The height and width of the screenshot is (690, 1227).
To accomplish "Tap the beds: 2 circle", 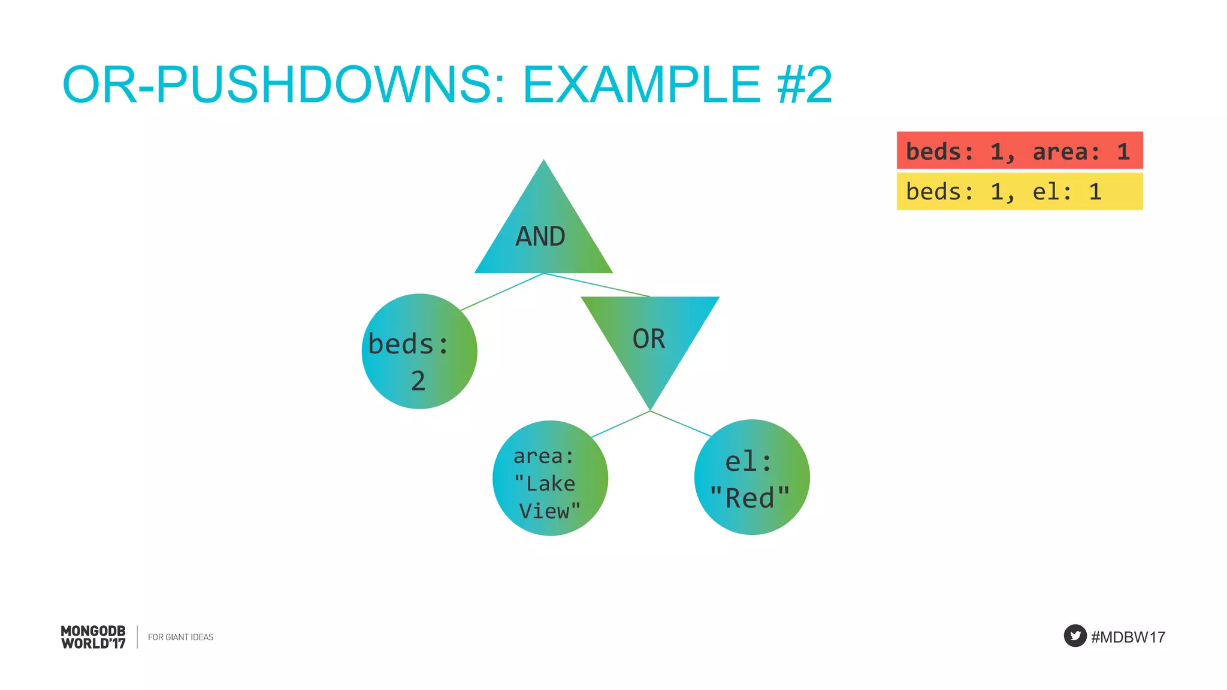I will (419, 352).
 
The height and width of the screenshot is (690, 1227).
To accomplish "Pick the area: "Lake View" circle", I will (550, 478).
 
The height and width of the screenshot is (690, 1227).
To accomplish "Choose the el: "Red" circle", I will (752, 477).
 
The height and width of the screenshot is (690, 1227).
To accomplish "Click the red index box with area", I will (1019, 150).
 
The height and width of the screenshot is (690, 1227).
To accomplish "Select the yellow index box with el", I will (1019, 192).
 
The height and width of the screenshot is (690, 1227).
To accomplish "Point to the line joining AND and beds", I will (502, 292).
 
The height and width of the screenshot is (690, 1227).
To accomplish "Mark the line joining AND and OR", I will (597, 285).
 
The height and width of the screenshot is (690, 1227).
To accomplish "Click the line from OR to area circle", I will (621, 424).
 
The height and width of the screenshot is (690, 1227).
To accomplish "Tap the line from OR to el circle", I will (681, 423).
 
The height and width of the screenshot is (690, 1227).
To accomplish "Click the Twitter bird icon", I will (1075, 636).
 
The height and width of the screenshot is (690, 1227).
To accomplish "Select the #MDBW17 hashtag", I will (1128, 637).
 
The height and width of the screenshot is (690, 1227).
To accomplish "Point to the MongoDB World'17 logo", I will (93, 637).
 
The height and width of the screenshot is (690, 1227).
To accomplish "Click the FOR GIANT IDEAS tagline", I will (180, 637).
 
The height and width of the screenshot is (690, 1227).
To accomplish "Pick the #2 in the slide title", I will (805, 85).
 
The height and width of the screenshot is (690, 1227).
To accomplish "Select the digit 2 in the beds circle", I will (418, 381).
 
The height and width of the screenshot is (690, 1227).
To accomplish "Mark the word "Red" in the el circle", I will (750, 498).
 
